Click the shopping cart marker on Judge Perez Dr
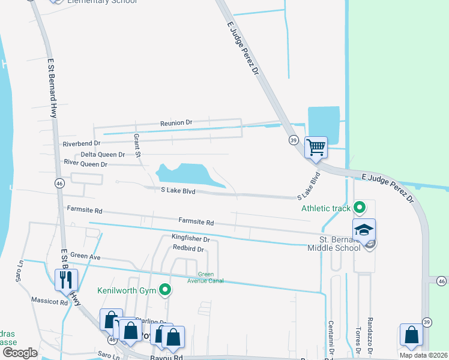[316, 146]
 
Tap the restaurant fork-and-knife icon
[66, 280]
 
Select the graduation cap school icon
[364, 230]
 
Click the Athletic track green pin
[360, 208]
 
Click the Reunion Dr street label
[176, 122]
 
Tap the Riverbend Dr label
[82, 143]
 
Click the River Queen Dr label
[85, 164]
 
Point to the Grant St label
[137, 146]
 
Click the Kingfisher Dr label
[190, 239]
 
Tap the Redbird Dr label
[188, 248]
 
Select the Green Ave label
[85, 256]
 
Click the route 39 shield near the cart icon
[294, 140]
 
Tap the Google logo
[20, 352]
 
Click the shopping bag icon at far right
[412, 336]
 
